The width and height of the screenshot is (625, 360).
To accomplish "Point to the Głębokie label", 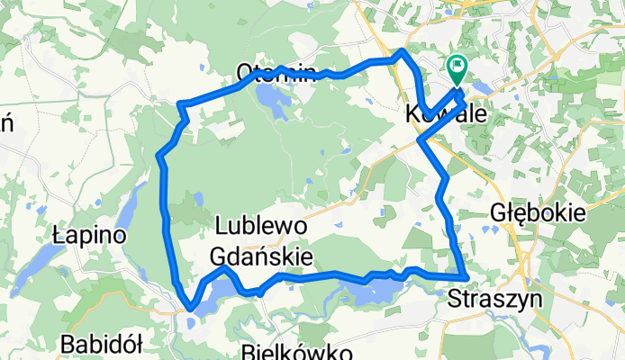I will pos(539,213).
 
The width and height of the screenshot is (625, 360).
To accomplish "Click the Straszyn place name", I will pos(487,299).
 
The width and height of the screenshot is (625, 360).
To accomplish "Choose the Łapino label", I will pos(87,235).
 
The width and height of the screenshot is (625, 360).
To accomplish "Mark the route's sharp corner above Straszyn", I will pos(465,276).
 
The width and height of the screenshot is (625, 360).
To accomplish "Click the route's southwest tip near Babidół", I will pos(190,310).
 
